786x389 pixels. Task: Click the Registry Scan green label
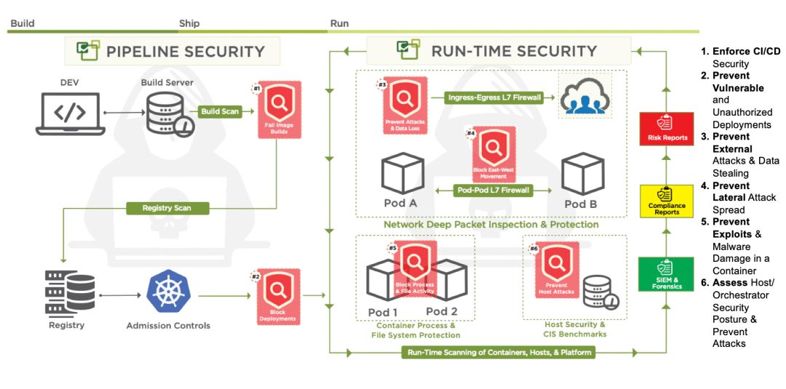click(167, 208)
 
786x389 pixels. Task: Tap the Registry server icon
click(70, 292)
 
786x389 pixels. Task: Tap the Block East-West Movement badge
click(493, 155)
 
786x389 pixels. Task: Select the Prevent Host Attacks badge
click(557, 270)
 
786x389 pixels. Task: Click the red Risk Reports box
click(667, 129)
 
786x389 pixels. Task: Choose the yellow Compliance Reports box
click(667, 201)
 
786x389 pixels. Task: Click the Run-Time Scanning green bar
click(500, 353)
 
